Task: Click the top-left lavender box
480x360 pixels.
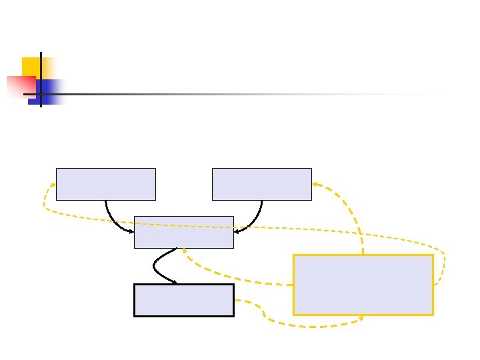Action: pyautogui.click(x=105, y=184)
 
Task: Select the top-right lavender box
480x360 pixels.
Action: pyautogui.click(x=261, y=184)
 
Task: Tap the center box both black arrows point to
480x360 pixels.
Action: pyautogui.click(x=183, y=232)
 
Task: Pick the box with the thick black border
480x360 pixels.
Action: pyautogui.click(x=183, y=300)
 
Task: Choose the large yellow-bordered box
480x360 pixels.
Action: pyautogui.click(x=363, y=285)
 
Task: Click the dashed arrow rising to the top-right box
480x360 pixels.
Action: pyautogui.click(x=352, y=213)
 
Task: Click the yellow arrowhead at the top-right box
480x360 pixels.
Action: pyautogui.click(x=315, y=184)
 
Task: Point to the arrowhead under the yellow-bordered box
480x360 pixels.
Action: pyautogui.click(x=361, y=317)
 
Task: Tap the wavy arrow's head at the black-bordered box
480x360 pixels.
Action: pyautogui.click(x=175, y=283)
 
